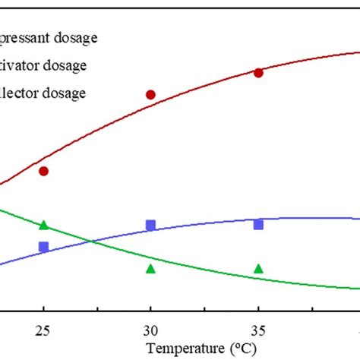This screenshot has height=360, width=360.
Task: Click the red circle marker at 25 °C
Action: pos(43,171)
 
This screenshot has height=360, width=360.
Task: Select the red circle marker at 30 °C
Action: pos(150,94)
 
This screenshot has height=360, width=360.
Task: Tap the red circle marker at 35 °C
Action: pos(258,72)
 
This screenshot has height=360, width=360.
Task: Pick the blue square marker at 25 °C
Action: pos(43,246)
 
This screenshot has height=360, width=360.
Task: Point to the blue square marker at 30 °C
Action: pos(150,225)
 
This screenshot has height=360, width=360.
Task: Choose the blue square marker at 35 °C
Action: pos(258,224)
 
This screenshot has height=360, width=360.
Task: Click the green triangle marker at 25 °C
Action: pos(43,224)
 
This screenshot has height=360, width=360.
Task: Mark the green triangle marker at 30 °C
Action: pos(150,268)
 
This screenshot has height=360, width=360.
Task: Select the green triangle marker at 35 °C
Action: pos(258,268)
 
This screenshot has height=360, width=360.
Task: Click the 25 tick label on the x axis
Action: pos(43,330)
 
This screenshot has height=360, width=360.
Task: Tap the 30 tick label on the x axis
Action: pos(150,330)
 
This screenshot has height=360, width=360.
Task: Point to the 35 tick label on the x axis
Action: pos(258,330)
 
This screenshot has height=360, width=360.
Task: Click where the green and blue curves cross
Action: pos(92,242)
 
